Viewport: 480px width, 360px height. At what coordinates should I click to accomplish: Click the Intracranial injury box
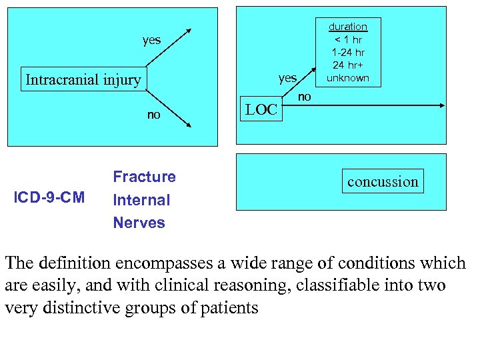[x=83, y=80]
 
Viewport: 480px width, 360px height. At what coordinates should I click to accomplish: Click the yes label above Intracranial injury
[x=151, y=40]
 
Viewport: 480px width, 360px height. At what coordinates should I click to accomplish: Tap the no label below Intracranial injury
[x=153, y=115]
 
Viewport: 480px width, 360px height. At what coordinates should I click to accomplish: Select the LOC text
[x=261, y=110]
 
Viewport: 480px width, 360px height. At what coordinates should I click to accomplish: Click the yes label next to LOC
[x=287, y=78]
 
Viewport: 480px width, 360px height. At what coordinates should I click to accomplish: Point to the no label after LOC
[x=304, y=97]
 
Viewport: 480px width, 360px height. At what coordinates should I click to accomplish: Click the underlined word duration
[x=347, y=27]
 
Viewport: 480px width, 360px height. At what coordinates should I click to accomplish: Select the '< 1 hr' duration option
[x=347, y=39]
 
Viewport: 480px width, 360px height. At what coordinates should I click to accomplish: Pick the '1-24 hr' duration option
[x=347, y=52]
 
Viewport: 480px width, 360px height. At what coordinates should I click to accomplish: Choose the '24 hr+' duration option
[x=347, y=65]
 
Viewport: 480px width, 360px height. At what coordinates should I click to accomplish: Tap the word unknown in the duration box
[x=347, y=77]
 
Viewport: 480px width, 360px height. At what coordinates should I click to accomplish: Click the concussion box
[x=383, y=181]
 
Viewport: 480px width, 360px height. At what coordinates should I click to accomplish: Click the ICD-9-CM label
[x=51, y=197]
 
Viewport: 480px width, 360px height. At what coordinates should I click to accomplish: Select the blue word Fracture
[x=144, y=177]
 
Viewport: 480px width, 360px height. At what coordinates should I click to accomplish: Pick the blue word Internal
[x=141, y=200]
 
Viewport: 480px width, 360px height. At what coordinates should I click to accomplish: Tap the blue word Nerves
[x=139, y=223]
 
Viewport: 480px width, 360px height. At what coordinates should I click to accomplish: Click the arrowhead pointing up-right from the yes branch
[x=189, y=31]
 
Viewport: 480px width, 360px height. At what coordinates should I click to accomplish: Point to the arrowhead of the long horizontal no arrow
[x=443, y=106]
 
